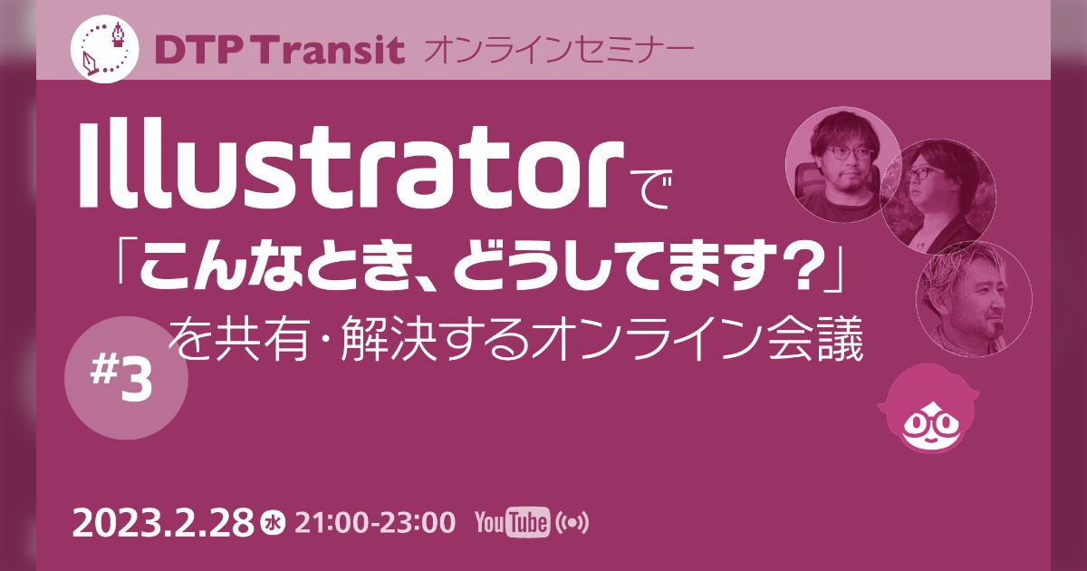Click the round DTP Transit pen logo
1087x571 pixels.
coord(105,49)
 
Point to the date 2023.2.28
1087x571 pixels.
coord(163,523)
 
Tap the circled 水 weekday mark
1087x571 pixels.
coord(271,523)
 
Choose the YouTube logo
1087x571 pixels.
coord(512,523)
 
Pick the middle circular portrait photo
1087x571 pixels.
coord(938,196)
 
